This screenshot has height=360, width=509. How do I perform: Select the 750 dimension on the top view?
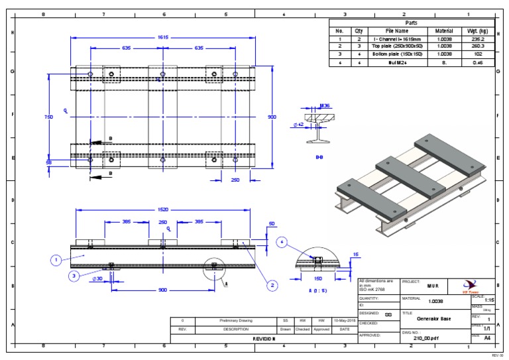[x=48, y=117]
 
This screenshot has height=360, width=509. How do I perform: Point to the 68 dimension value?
[x=48, y=161]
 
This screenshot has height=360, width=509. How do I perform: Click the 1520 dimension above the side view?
[x=162, y=210]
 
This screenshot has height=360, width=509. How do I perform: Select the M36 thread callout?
[x=325, y=105]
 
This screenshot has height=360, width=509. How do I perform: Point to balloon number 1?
[x=56, y=260]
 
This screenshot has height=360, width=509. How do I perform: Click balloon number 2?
[x=271, y=286]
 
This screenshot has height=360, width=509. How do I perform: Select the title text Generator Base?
[x=434, y=319]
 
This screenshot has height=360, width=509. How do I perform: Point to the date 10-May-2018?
[x=345, y=320]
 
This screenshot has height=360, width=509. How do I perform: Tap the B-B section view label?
[x=319, y=158]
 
